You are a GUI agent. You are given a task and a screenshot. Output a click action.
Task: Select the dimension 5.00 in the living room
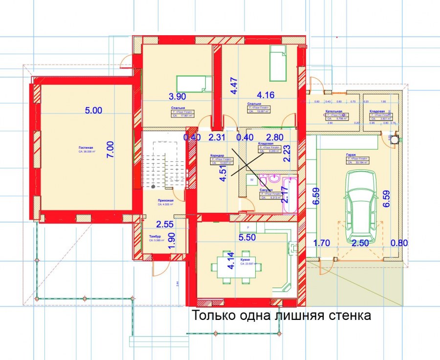[93, 111]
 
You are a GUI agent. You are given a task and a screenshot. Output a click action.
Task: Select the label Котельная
[333, 111]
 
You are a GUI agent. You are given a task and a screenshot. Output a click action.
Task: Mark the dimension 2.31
[217, 138]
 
